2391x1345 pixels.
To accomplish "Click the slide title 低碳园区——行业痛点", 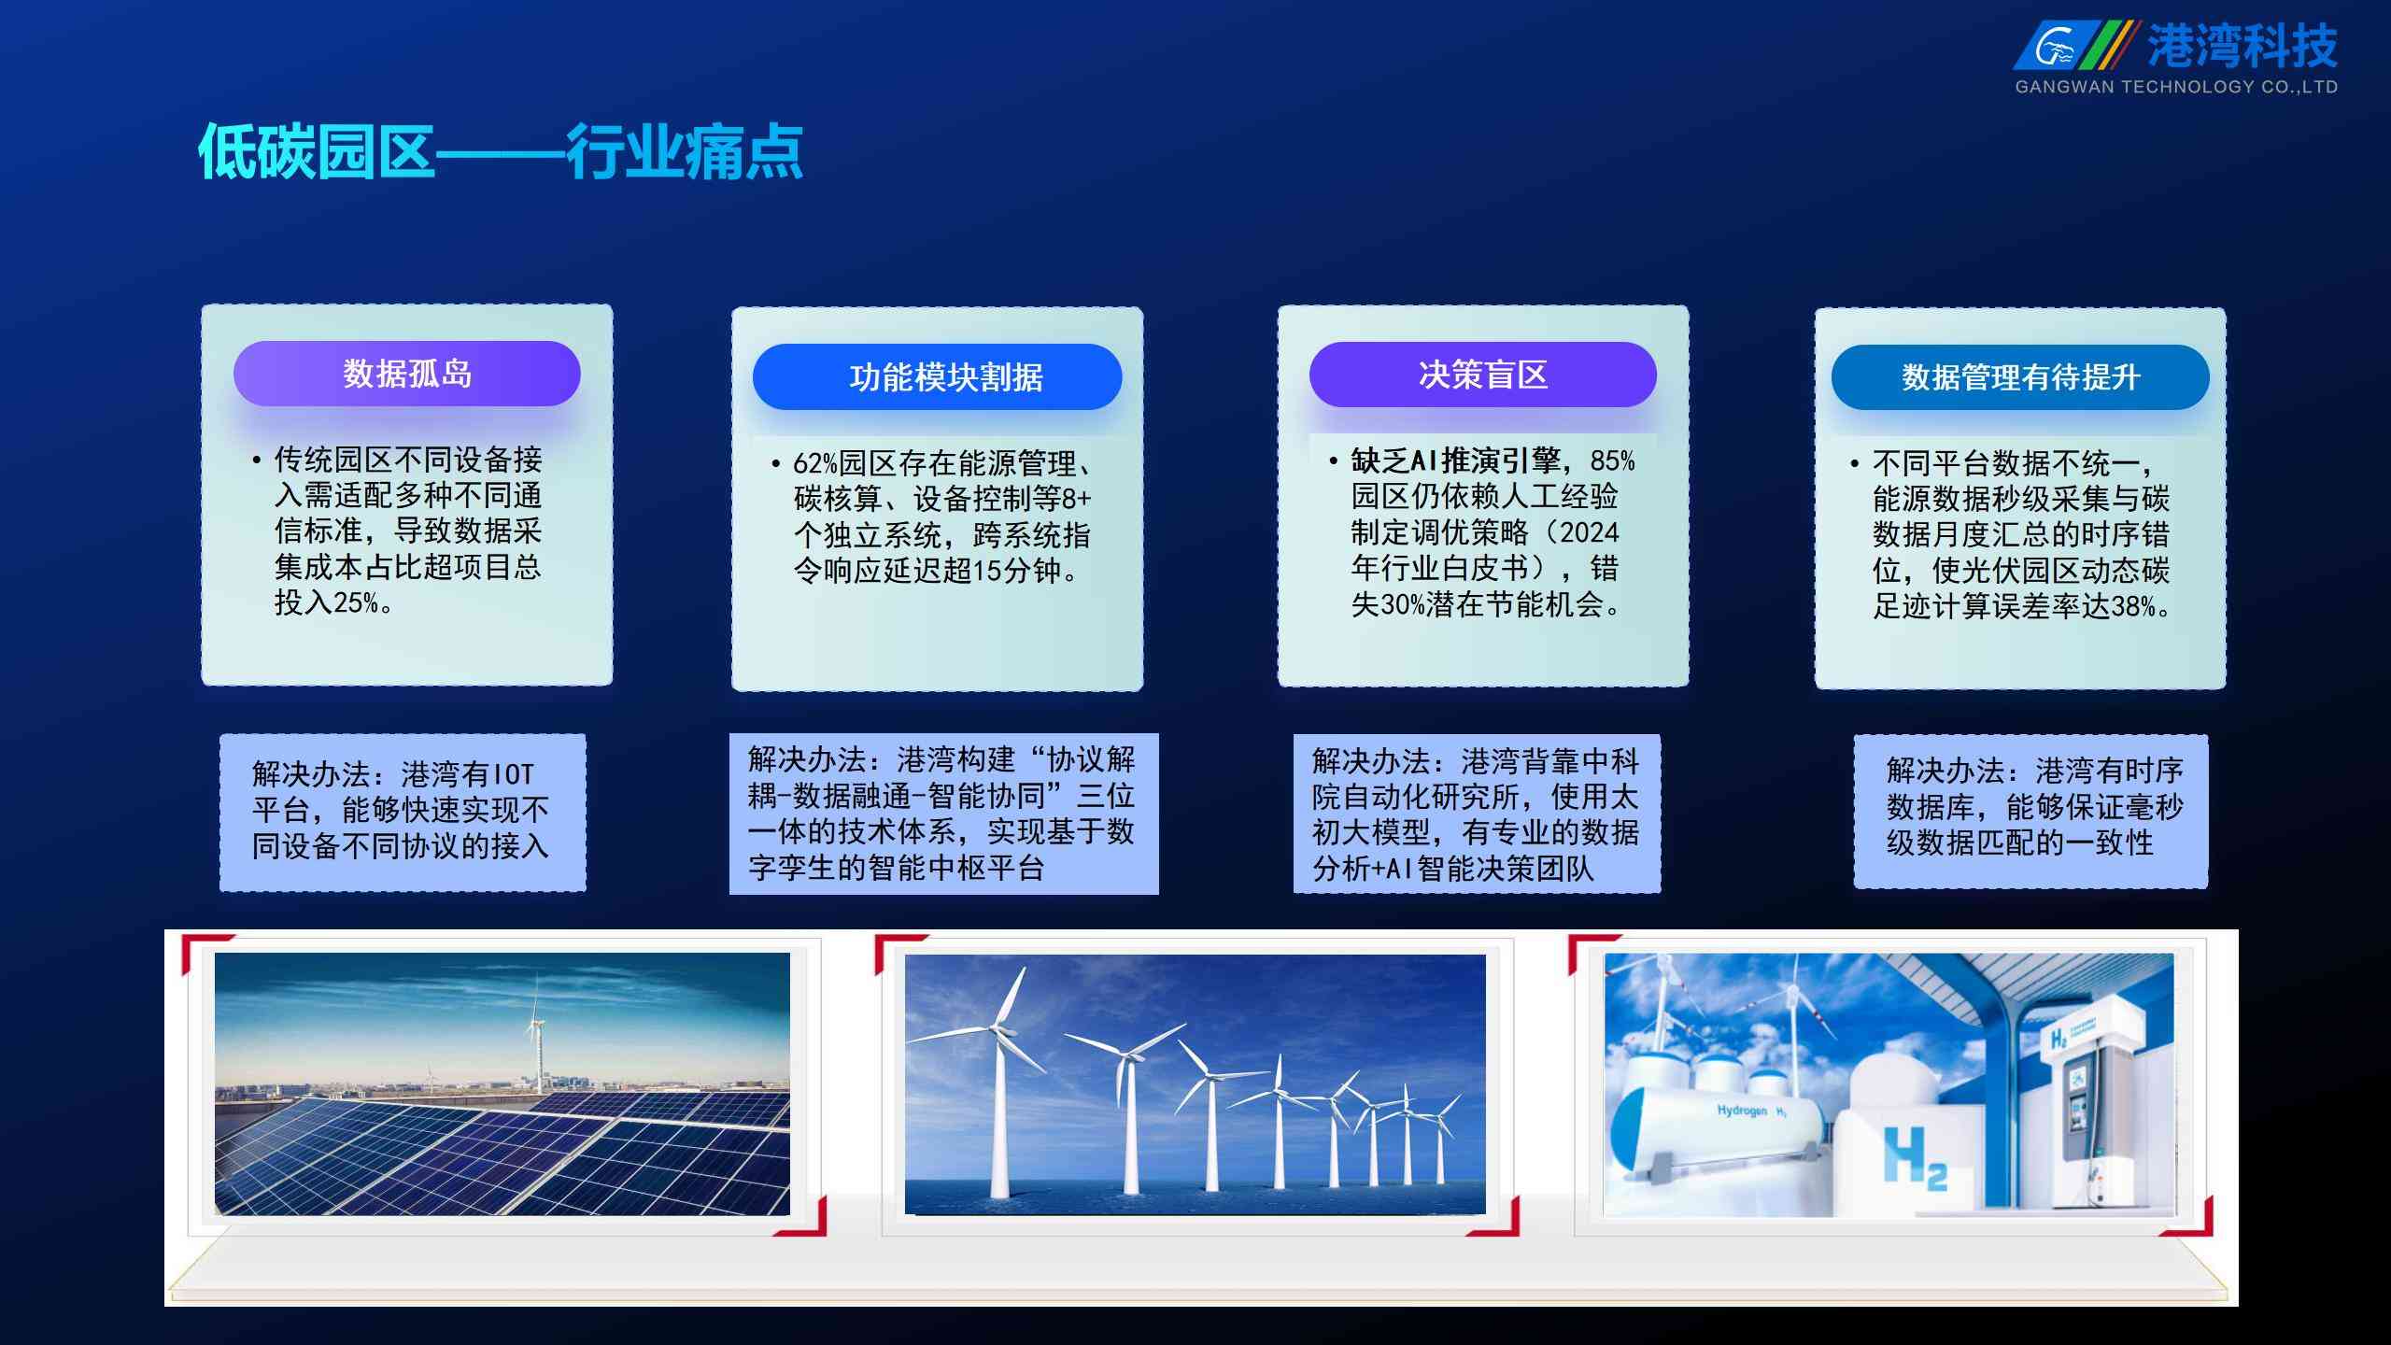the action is tap(501, 151).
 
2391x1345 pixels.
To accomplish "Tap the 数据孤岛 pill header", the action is tap(407, 374).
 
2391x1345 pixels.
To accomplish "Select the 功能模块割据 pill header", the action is tap(937, 376).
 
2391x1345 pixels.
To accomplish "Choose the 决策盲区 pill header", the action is tap(1483, 375).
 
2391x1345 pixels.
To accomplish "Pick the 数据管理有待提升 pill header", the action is tap(2020, 376).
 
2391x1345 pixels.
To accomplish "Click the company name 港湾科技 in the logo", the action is tap(2242, 46).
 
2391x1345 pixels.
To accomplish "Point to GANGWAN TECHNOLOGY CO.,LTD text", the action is tap(2176, 87).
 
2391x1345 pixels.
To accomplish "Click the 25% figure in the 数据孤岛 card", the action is tap(356, 602).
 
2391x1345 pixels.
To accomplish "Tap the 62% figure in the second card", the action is tap(815, 463).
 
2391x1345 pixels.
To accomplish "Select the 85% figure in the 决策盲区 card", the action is tap(1613, 460).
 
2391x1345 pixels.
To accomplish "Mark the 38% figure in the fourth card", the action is tap(2133, 606).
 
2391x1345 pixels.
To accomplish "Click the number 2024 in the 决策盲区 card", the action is tap(1590, 532).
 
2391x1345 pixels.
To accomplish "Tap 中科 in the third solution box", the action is tap(1609, 761).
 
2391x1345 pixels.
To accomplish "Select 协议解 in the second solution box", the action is tap(1091, 759).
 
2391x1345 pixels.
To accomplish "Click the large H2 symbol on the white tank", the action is tap(1915, 1158).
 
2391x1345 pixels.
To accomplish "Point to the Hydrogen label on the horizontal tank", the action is tap(1743, 1111).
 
